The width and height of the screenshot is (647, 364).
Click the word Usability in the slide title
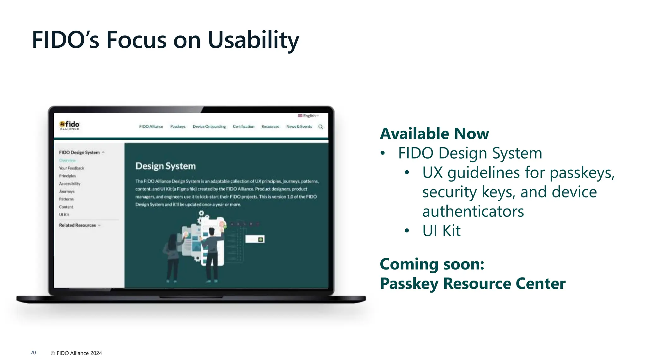(x=253, y=40)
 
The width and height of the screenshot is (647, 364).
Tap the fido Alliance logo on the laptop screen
(x=70, y=125)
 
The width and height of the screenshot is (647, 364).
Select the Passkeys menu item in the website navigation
(x=178, y=126)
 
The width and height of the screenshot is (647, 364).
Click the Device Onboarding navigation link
(x=209, y=126)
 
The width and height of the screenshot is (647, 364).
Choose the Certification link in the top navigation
(x=243, y=126)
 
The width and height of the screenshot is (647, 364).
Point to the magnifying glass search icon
(x=321, y=127)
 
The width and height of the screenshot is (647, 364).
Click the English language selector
(x=308, y=116)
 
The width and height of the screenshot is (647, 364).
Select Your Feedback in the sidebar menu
(x=71, y=168)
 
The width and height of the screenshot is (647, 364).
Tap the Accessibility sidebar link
(x=70, y=184)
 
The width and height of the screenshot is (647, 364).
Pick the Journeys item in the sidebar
(x=67, y=191)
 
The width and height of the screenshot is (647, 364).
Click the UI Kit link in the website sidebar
(x=64, y=215)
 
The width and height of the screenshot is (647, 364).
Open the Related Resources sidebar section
(x=77, y=225)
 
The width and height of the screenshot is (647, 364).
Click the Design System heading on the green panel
(x=166, y=166)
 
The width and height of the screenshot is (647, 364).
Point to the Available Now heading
(x=434, y=133)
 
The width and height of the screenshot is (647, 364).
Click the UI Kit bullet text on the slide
(x=441, y=231)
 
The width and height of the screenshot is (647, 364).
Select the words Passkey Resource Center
(x=473, y=283)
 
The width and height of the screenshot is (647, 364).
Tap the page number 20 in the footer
(x=33, y=353)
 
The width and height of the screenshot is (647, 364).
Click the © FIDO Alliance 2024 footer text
(x=76, y=353)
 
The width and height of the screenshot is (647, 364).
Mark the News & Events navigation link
(x=299, y=126)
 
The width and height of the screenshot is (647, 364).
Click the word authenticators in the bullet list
(x=473, y=211)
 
